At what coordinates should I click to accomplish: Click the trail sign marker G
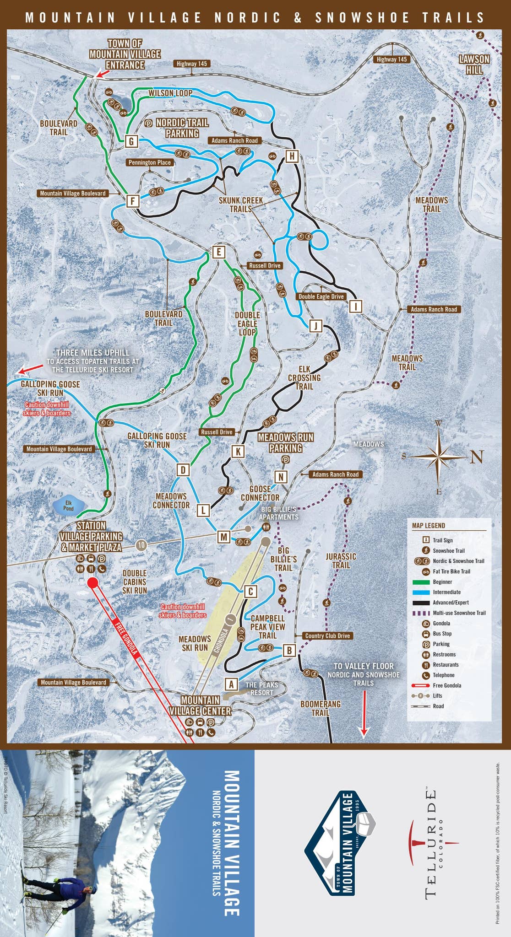pyautogui.click(x=131, y=141)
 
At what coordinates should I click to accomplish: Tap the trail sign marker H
pyautogui.click(x=292, y=156)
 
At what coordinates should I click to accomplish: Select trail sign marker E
pyautogui.click(x=219, y=252)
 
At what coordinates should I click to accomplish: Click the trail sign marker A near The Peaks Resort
pyautogui.click(x=231, y=684)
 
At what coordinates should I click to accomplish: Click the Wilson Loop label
pyautogui.click(x=170, y=93)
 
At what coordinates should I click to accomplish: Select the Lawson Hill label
pyautogui.click(x=474, y=65)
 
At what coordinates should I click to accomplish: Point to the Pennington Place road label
pyautogui.click(x=150, y=162)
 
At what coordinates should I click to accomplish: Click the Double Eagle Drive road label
pyautogui.click(x=321, y=296)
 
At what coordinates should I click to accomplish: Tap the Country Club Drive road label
pyautogui.click(x=327, y=635)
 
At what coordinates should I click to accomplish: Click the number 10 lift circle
pyautogui.click(x=141, y=545)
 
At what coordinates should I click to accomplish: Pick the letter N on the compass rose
pyautogui.click(x=477, y=457)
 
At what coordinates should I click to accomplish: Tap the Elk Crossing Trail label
pyautogui.click(x=304, y=377)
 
